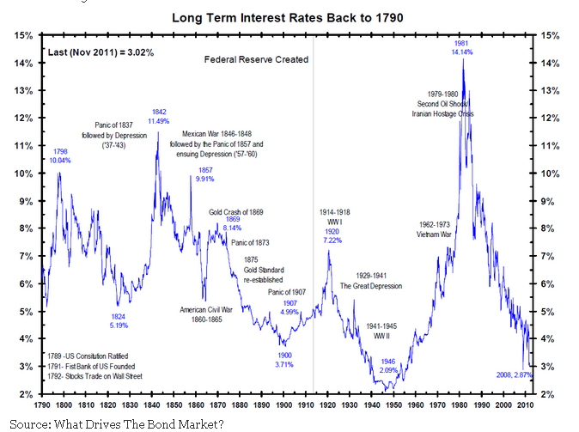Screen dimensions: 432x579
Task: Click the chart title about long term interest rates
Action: [288, 16]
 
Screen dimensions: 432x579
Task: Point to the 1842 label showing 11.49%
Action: [159, 117]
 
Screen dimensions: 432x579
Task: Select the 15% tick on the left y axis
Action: [24, 35]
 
